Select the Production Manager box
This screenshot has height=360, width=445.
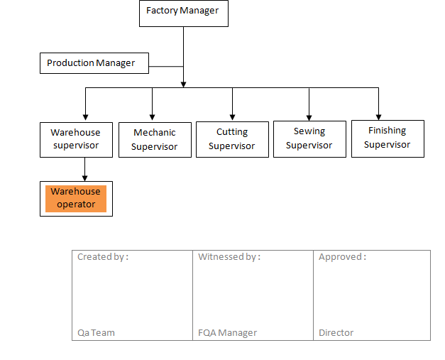pos(94,63)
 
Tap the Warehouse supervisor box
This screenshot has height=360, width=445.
pos(76,139)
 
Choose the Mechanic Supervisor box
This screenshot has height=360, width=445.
pos(154,139)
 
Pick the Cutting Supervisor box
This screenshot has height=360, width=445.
pos(232,139)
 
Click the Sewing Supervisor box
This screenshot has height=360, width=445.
pos(309,138)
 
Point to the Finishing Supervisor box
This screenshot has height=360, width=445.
pos(388,138)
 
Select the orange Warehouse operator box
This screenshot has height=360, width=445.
pos(76,198)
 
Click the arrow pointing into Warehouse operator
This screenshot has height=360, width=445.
pos(85,176)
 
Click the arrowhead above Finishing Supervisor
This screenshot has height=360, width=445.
pos(379,115)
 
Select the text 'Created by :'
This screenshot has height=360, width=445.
pos(103,257)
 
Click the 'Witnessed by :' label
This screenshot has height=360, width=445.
pos(229,257)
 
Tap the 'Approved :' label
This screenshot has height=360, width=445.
pos(342,257)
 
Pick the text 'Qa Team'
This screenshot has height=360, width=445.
pos(96,332)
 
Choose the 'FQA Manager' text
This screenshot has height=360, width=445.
pos(227,332)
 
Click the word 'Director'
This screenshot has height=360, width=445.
pos(336,332)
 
